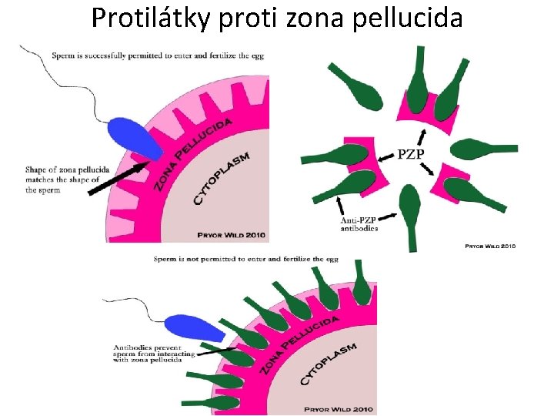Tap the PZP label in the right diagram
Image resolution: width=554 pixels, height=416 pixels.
(410, 155)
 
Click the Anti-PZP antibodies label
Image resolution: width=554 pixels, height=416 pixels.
(359, 224)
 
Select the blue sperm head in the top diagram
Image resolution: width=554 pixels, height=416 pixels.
(135, 139)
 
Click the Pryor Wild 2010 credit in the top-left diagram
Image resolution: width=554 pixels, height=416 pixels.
(231, 234)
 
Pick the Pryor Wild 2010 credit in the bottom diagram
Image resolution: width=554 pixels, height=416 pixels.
(339, 409)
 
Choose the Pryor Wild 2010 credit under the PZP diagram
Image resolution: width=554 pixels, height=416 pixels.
(490, 247)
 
